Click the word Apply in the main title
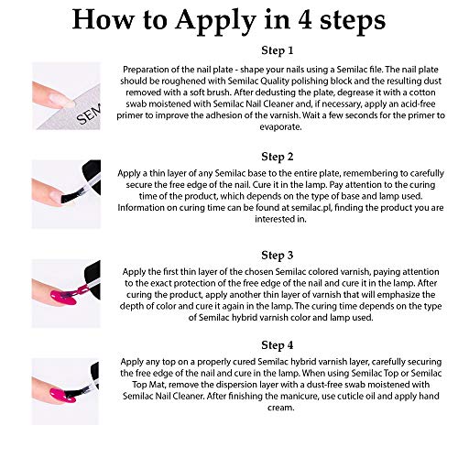click(x=215, y=21)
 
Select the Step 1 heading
click(x=278, y=50)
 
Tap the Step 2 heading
click(x=278, y=157)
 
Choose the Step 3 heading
click(x=278, y=256)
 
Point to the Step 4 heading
click(x=278, y=345)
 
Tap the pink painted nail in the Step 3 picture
click(x=63, y=298)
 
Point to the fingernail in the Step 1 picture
click(x=61, y=99)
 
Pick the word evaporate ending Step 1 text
click(x=280, y=127)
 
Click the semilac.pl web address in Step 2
click(x=311, y=208)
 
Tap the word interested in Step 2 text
click(x=271, y=219)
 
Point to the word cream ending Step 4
click(x=281, y=408)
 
